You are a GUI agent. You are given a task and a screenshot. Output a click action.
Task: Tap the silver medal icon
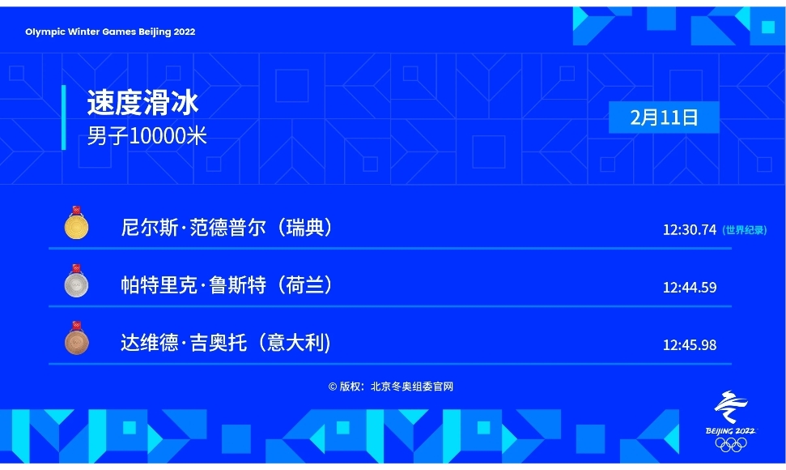[77, 281]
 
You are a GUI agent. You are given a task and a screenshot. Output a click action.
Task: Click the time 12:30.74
[689, 230]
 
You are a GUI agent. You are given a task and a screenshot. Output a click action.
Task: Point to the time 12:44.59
[689, 288]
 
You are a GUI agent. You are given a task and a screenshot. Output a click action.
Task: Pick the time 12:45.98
[689, 345]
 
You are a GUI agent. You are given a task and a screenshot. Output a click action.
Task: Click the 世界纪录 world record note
[745, 230]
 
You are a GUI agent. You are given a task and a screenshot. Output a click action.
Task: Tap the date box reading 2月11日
[664, 117]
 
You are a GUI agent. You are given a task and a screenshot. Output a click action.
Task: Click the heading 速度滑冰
[142, 103]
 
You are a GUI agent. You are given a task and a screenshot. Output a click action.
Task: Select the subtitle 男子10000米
[147, 136]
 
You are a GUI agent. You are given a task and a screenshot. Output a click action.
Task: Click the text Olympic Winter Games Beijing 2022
[110, 32]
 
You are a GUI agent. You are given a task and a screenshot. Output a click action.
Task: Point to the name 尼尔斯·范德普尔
[193, 228]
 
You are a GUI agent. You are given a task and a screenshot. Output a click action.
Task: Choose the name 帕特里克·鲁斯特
[193, 285]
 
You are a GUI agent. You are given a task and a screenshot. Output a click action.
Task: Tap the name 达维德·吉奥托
[184, 343]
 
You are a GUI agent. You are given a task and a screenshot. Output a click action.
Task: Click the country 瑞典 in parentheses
[301, 228]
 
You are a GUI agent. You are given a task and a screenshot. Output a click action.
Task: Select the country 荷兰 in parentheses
[301, 285]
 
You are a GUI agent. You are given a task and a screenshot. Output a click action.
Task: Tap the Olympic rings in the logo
[731, 444]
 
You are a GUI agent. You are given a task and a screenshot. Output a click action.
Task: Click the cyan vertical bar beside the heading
[64, 117]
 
